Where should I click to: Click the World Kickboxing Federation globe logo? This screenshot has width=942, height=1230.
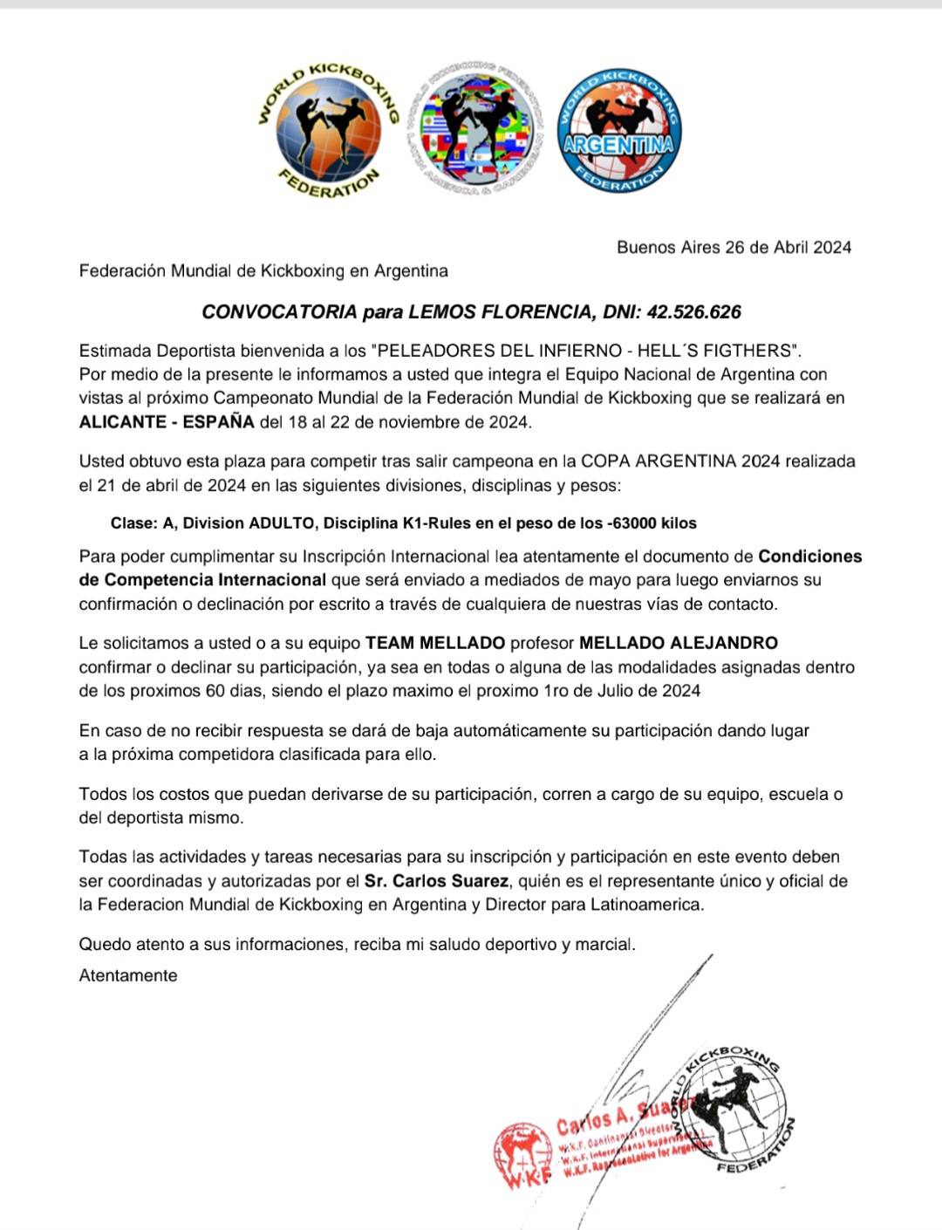[x=329, y=130]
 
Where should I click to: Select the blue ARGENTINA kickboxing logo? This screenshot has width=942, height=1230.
[x=619, y=131]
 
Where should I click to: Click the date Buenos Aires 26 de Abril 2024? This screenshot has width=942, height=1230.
[x=734, y=247]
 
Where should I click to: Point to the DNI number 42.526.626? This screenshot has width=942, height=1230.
[x=693, y=311]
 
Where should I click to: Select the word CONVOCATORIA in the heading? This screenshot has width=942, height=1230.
[x=279, y=311]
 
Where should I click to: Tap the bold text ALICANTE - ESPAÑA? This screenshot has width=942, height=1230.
[x=167, y=422]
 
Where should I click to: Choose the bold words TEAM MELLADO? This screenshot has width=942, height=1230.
[x=435, y=643]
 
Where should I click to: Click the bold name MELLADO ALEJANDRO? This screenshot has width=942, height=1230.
[x=679, y=643]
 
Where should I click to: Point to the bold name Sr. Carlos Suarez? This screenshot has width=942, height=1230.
[x=436, y=881]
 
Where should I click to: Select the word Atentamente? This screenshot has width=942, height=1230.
[x=128, y=975]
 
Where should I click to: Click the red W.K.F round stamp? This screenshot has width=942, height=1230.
[x=522, y=1156]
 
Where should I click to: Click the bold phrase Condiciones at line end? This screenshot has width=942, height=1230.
[x=809, y=557]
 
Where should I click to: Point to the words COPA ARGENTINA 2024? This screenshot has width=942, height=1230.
[x=680, y=461]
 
